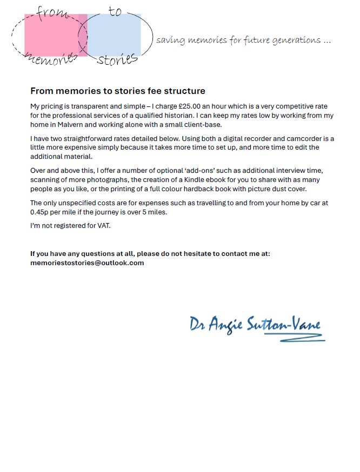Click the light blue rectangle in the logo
pyautogui.click(x=116, y=35)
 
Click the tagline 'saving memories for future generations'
pyautogui.click(x=243, y=41)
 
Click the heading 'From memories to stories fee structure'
pyautogui.click(x=118, y=91)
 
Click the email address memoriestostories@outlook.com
pyautogui.click(x=87, y=262)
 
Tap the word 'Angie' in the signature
pyautogui.click(x=225, y=326)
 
